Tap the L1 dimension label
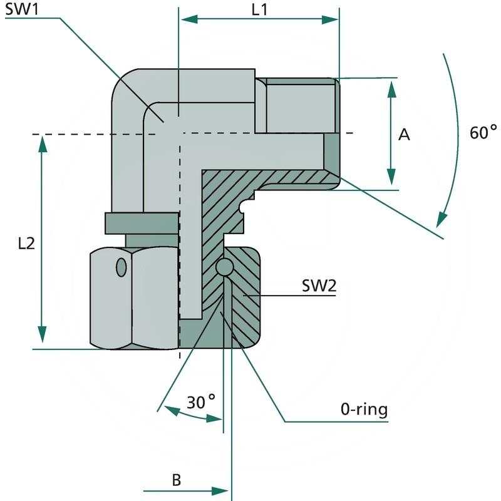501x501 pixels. point(259,10)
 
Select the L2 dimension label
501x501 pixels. point(25,244)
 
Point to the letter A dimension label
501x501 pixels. point(405,135)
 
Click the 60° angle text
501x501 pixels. point(482,133)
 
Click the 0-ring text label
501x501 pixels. point(364,410)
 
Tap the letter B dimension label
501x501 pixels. point(177,480)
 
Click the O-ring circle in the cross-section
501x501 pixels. point(224,267)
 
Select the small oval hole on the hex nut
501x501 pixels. point(121,268)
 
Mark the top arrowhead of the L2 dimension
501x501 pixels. point(43,143)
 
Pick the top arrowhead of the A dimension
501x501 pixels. point(392,88)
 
